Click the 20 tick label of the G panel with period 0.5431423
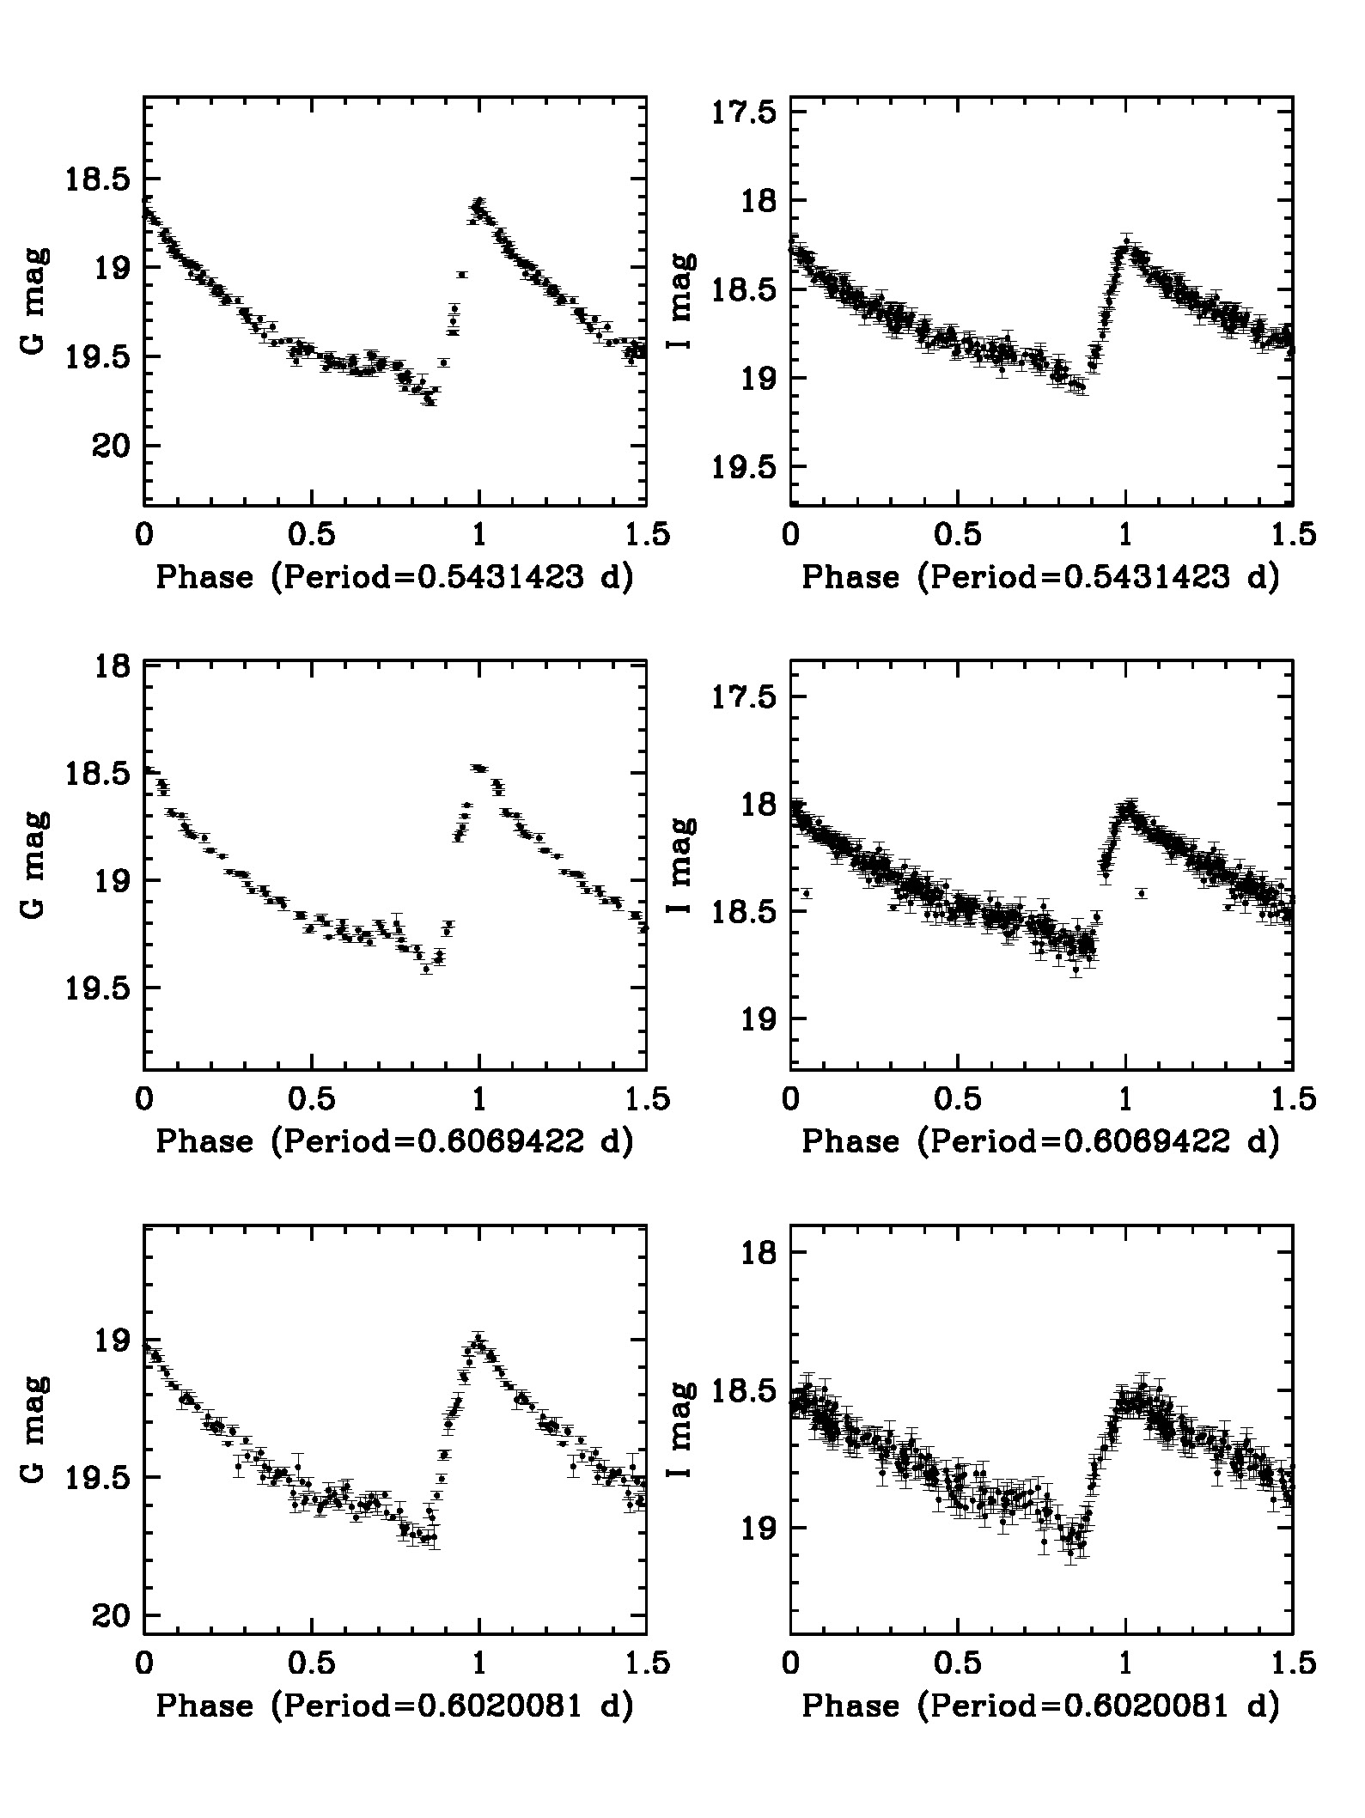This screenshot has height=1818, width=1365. pyautogui.click(x=106, y=446)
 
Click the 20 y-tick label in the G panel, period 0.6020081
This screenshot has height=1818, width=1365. pyautogui.click(x=106, y=1615)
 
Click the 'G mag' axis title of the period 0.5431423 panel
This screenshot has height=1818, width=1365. pyautogui.click(x=34, y=302)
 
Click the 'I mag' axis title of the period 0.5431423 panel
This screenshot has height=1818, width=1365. pyautogui.click(x=681, y=302)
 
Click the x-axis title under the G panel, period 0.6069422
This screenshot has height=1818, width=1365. pyautogui.click(x=394, y=1141)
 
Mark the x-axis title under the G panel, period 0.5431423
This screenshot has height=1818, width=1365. pyautogui.click(x=394, y=577)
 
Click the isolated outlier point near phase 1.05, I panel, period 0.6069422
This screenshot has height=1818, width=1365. pyautogui.click(x=1142, y=893)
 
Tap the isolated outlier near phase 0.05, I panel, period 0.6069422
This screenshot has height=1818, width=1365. pyautogui.click(x=806, y=893)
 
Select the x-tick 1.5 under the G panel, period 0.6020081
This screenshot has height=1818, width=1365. pyautogui.click(x=646, y=1663)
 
